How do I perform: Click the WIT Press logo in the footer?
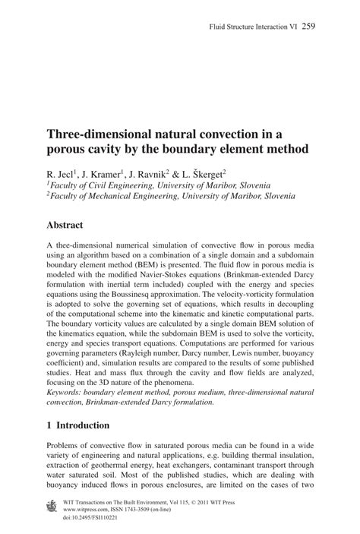coord(52,504)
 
